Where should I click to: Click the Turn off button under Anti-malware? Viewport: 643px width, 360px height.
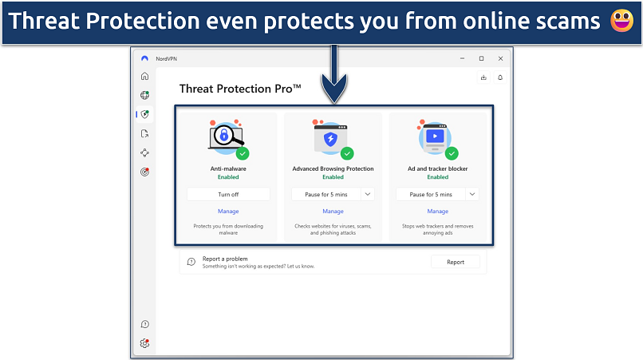(x=228, y=194)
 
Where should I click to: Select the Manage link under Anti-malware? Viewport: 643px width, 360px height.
(x=228, y=211)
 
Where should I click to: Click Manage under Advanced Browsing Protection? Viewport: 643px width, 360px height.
(x=333, y=211)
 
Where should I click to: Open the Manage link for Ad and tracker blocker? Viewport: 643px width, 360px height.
(x=437, y=211)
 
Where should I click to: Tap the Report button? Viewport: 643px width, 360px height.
(x=456, y=262)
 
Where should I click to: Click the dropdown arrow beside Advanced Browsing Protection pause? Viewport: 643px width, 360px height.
(x=368, y=194)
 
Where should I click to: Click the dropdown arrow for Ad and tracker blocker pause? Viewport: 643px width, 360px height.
(x=472, y=194)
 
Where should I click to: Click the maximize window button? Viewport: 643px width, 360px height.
(x=481, y=59)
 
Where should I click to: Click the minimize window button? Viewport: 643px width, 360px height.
(x=462, y=59)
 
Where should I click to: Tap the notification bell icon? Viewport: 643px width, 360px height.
(x=500, y=77)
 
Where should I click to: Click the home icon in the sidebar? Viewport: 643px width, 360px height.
(x=144, y=76)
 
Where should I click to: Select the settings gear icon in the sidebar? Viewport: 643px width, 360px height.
(x=144, y=343)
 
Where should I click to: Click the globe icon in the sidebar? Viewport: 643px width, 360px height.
(x=144, y=95)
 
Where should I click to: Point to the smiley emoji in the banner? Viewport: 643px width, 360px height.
(x=621, y=21)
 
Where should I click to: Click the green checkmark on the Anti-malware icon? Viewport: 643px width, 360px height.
(x=243, y=153)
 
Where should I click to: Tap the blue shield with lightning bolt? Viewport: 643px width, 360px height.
(x=330, y=139)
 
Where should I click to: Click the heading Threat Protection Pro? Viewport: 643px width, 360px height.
(x=240, y=89)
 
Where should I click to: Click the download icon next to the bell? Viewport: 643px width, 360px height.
(x=483, y=77)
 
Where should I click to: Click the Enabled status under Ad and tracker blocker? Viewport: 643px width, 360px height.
(x=437, y=177)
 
